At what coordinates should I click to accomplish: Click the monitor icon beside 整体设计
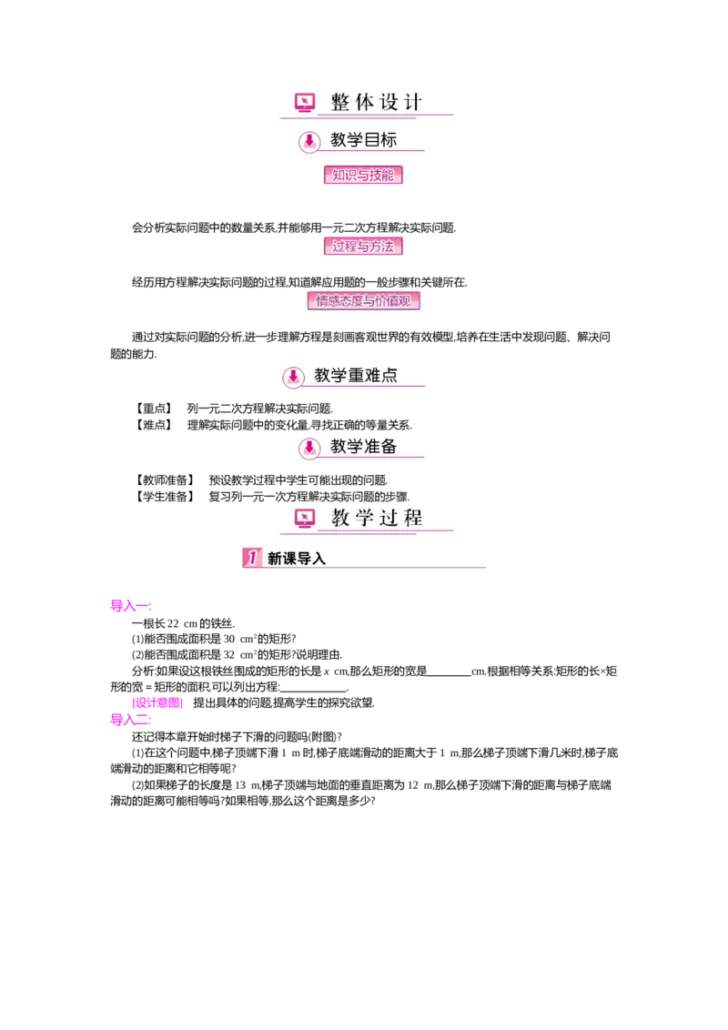coord(304,103)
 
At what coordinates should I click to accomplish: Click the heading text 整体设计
coord(377,102)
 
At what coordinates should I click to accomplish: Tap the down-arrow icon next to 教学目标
coord(309,141)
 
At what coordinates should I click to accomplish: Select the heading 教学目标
coord(363,140)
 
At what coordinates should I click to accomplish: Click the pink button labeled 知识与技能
coord(363,175)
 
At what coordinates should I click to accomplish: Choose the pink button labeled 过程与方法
coord(363,246)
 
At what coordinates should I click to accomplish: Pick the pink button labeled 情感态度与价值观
coord(363,300)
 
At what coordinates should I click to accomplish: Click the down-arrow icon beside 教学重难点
coord(293,376)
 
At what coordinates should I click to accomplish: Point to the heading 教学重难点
coord(356,375)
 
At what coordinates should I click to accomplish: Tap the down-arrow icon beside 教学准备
coord(309,447)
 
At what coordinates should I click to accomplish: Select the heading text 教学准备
coord(363,446)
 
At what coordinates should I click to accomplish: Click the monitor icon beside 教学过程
coord(304,519)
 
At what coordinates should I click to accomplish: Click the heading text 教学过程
coord(377,518)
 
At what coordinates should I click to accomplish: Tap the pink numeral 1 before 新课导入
coord(252,558)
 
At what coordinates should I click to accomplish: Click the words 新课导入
coord(296,559)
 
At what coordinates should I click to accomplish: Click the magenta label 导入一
coord(130,606)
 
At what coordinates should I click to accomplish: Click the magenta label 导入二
coord(130,721)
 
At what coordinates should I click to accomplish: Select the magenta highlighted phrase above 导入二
coord(158,703)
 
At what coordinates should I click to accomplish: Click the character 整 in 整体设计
coord(340,102)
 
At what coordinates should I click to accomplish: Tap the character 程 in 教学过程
coord(413,518)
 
